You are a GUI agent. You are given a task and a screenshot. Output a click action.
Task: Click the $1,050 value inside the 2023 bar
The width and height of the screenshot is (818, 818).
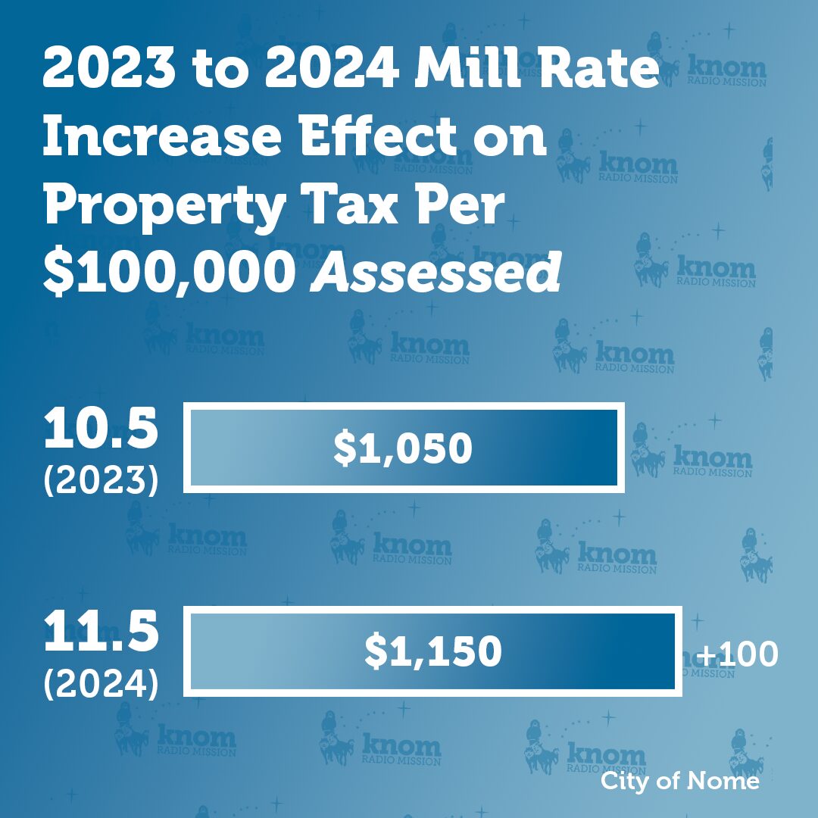click(403, 448)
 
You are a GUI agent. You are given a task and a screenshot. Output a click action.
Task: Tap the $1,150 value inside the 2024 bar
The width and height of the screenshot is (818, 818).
click(433, 651)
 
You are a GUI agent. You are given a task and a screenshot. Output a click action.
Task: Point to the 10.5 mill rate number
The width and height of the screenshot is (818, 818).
click(101, 430)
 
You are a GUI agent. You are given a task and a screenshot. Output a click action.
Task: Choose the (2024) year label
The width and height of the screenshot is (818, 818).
click(101, 683)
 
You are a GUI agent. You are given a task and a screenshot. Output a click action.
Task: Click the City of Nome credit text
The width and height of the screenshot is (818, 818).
click(679, 781)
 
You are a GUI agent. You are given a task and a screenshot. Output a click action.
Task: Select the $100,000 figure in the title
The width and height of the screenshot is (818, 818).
click(167, 273)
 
